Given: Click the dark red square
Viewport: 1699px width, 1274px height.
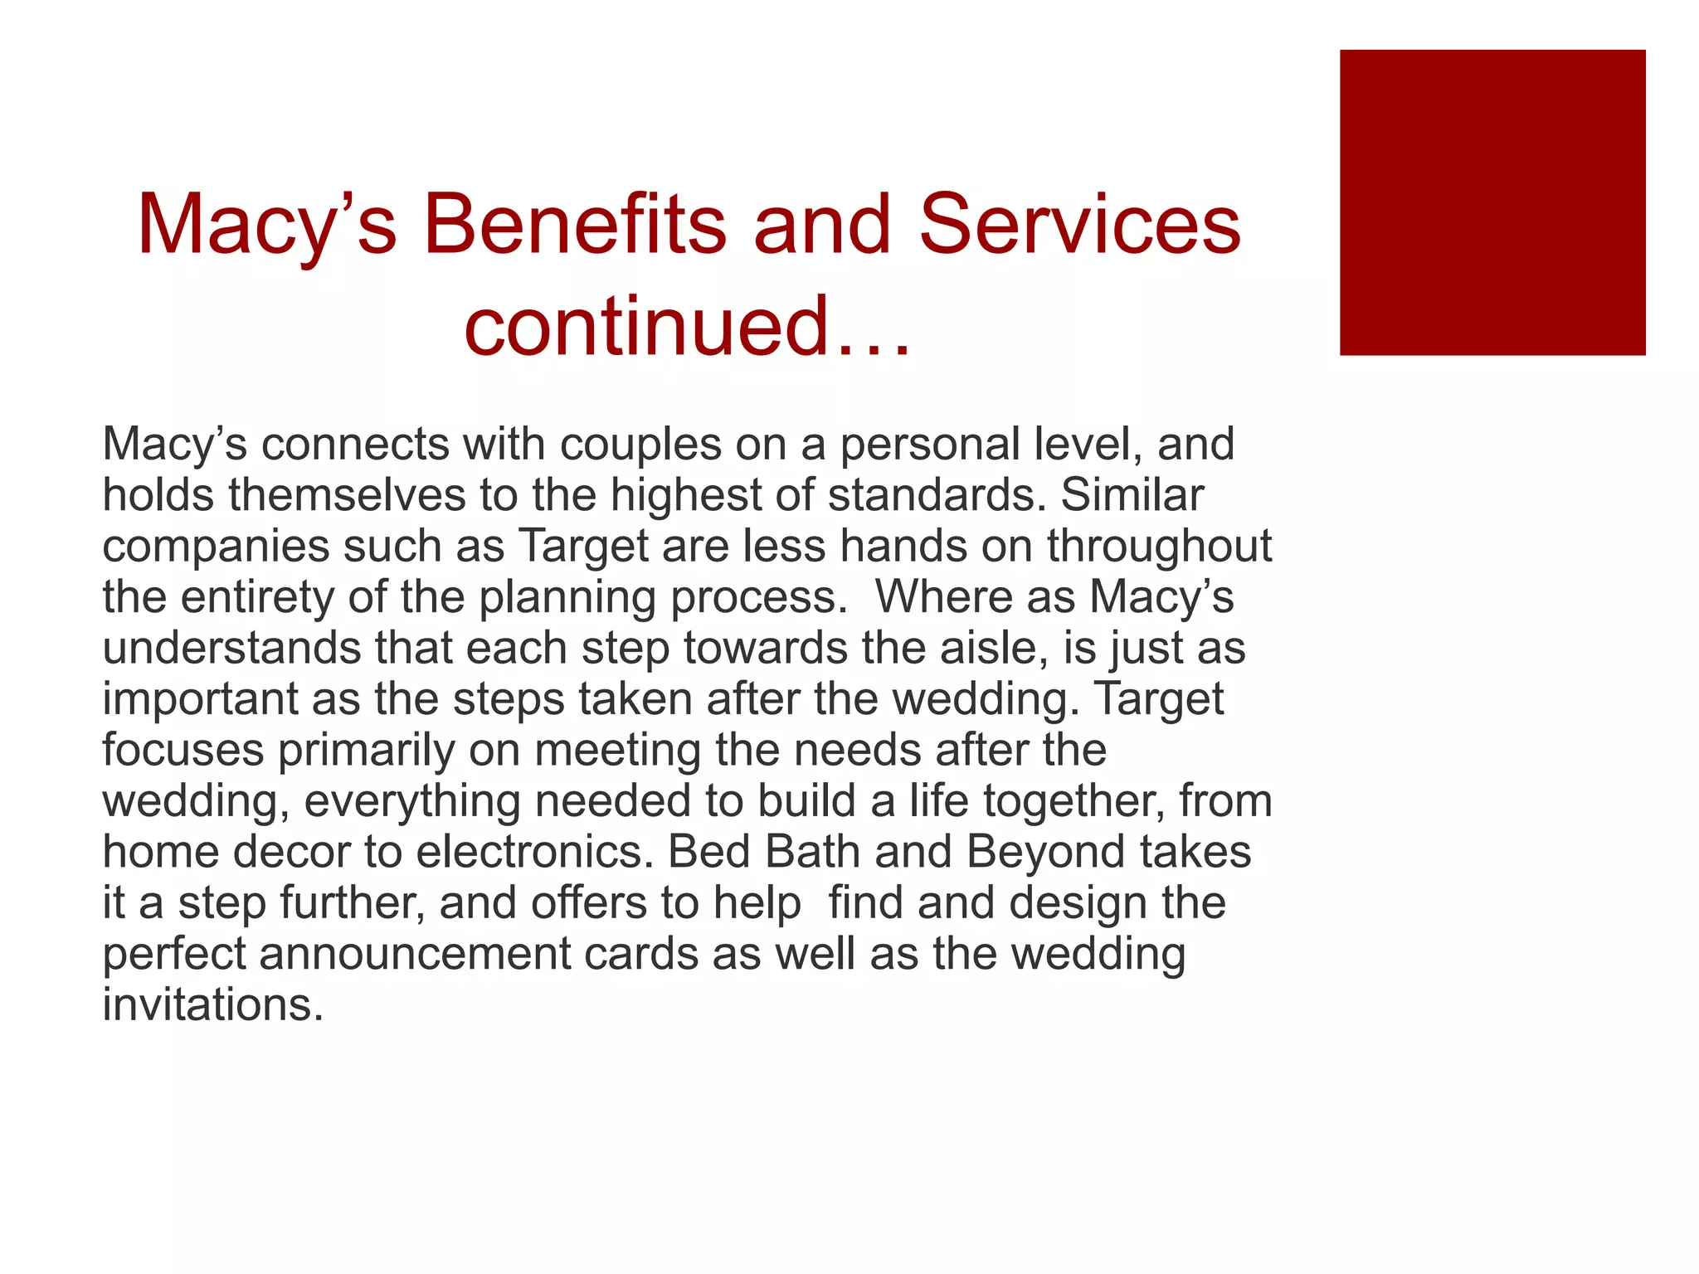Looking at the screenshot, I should coord(1492,202).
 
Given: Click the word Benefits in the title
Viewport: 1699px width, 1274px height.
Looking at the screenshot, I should coord(574,225).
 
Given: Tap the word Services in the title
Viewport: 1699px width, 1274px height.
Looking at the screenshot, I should coord(1079,225).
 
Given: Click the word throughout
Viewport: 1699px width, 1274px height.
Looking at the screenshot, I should coord(1159,547).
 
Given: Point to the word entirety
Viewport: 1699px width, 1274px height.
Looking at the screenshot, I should coord(256,597).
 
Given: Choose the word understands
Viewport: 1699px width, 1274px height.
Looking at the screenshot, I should coord(231,648).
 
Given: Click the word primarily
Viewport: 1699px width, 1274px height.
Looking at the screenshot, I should coord(366,750).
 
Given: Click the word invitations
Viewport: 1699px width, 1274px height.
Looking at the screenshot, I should coord(212,1004).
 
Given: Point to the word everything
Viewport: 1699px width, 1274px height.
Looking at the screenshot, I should coord(411,801).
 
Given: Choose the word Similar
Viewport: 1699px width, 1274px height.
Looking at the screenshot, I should coord(1132,495).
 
